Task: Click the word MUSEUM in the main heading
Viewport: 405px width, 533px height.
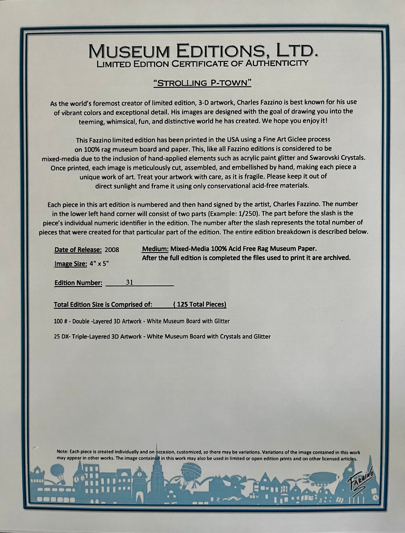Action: tap(129, 52)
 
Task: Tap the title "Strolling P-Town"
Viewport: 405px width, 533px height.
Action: tap(202, 83)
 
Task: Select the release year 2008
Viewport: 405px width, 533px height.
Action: tap(112, 250)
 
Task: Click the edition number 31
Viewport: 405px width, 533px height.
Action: tap(129, 282)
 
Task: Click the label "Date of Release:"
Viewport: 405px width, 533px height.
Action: tap(78, 250)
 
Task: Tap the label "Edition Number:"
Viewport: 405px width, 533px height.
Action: tap(78, 283)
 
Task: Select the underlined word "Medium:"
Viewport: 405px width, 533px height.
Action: tap(155, 249)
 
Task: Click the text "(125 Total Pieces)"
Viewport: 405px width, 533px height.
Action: tap(200, 304)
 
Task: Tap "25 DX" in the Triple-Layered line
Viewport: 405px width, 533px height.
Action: tap(61, 336)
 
